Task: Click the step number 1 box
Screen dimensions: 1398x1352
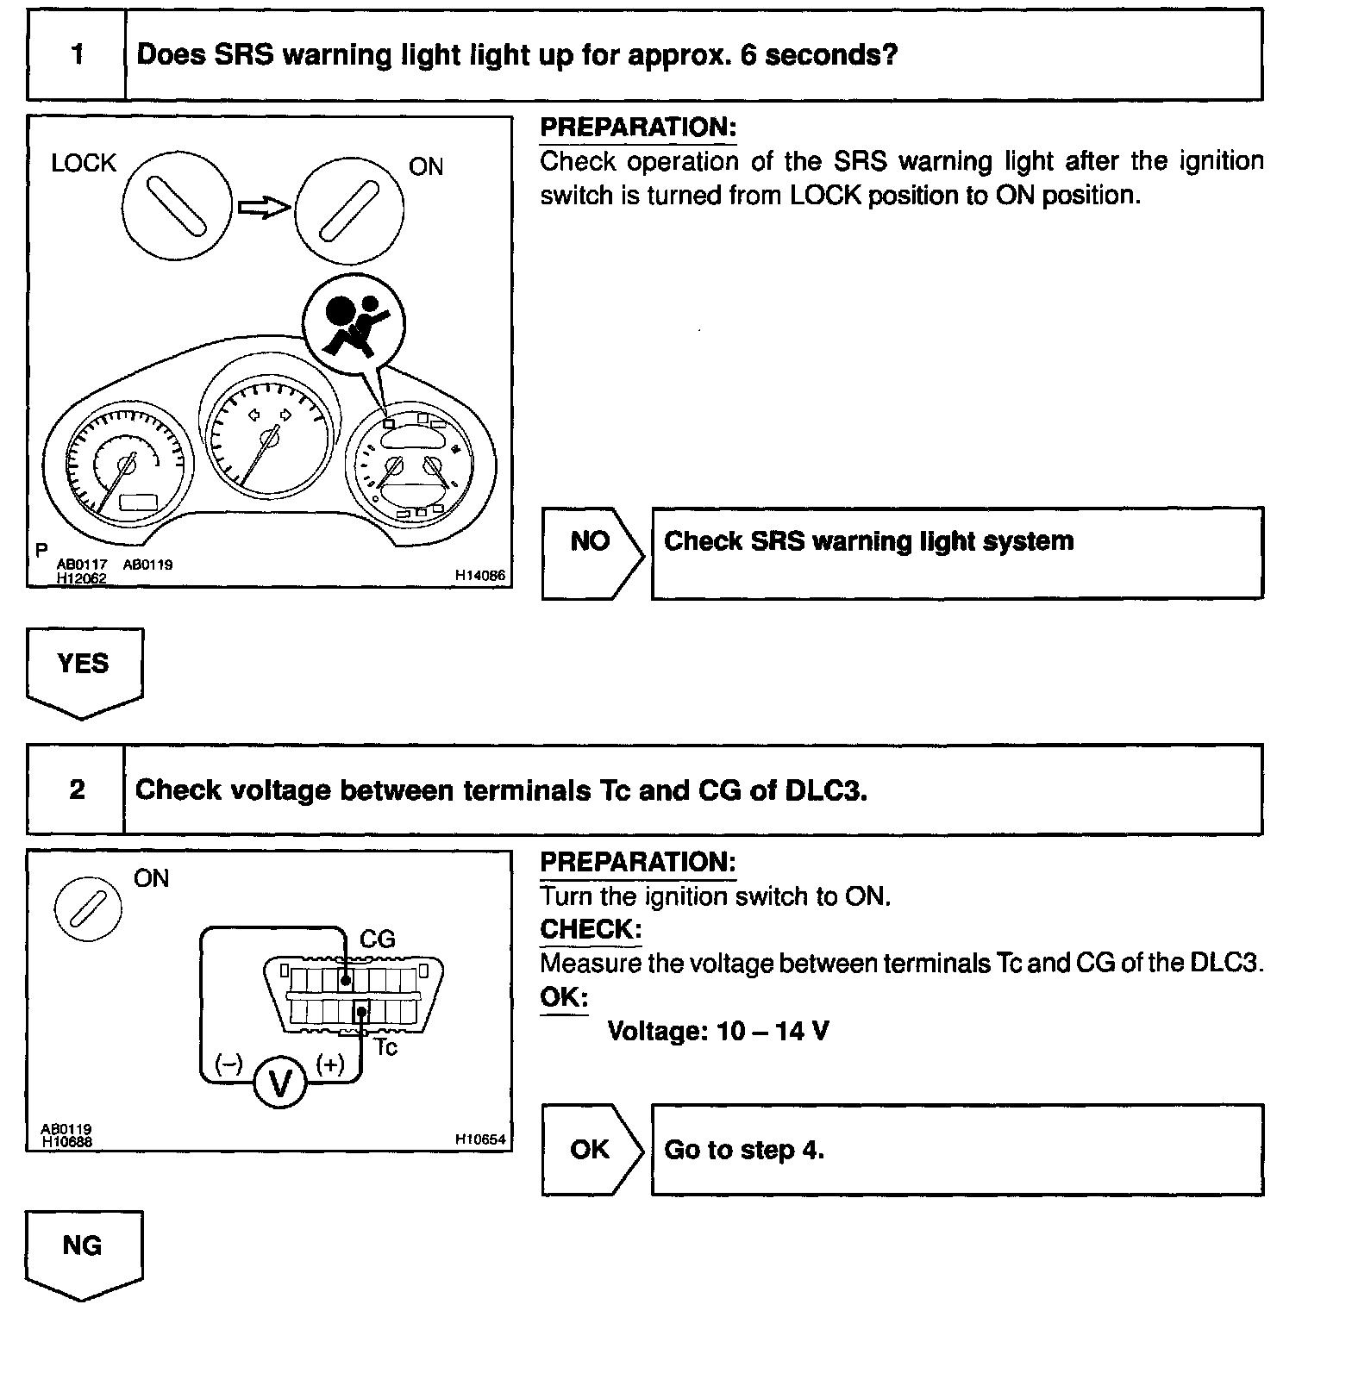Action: tap(77, 55)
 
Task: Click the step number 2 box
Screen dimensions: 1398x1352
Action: tap(77, 789)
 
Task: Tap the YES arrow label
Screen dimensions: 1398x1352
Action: tap(84, 665)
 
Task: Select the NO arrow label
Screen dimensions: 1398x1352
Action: tap(591, 542)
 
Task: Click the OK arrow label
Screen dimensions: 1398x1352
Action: tap(591, 1150)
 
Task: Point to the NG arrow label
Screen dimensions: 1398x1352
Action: tap(83, 1246)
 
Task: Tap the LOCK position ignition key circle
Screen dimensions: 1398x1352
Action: tap(177, 206)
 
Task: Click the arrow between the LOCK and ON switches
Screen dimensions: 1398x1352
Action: tap(264, 208)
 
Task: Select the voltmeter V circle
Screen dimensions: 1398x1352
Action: tap(280, 1082)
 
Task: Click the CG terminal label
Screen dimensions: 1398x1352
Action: tap(377, 939)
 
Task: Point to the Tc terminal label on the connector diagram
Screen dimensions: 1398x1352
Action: tap(385, 1047)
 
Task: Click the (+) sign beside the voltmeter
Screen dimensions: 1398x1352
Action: tap(330, 1064)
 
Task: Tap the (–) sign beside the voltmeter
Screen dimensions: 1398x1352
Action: tap(228, 1064)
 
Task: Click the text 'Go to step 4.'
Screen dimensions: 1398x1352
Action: tap(744, 1150)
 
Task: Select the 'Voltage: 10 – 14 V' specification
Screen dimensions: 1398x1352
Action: tap(718, 1031)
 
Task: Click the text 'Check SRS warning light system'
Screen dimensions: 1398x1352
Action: tap(868, 541)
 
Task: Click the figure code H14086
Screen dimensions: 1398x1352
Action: tap(480, 576)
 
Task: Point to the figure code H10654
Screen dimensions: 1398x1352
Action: tap(480, 1139)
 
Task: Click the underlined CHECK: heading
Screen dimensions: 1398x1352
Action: tap(591, 930)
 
